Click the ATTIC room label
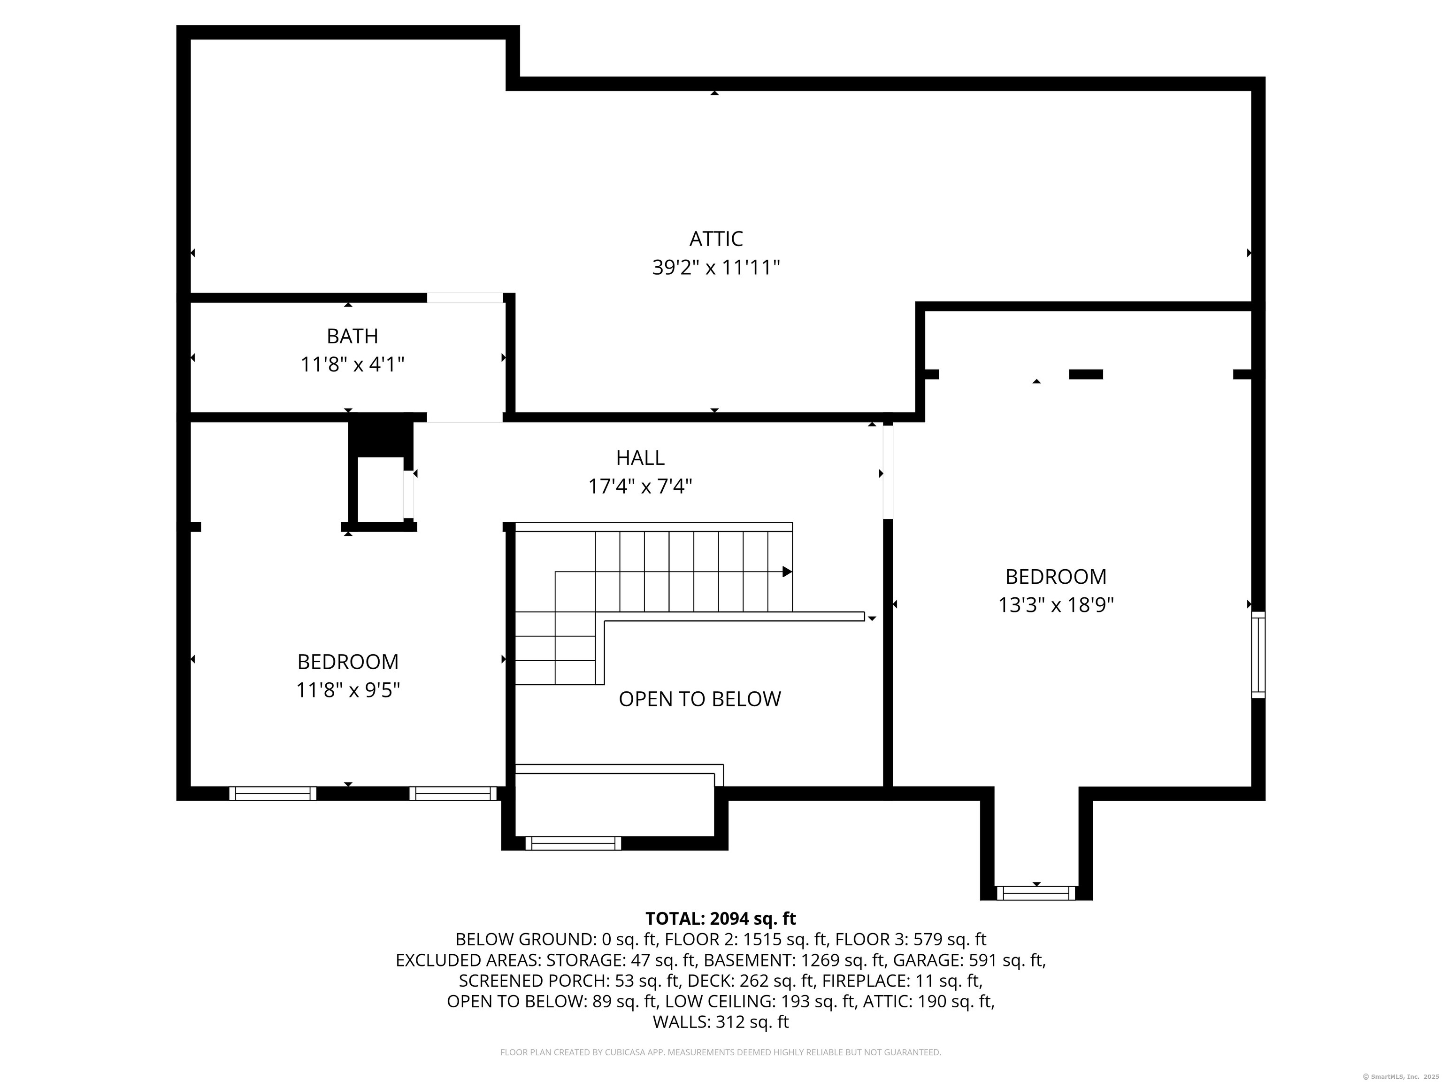pos(716,239)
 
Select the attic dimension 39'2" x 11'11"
pos(716,267)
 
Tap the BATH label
pos(352,336)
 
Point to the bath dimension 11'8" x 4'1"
pos(352,364)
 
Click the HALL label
pos(640,458)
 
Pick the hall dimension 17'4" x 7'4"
pos(640,487)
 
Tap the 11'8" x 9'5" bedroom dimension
pos(348,690)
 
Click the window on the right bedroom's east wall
pos(1258,655)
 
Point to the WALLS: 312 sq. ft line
pos(721,1022)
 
